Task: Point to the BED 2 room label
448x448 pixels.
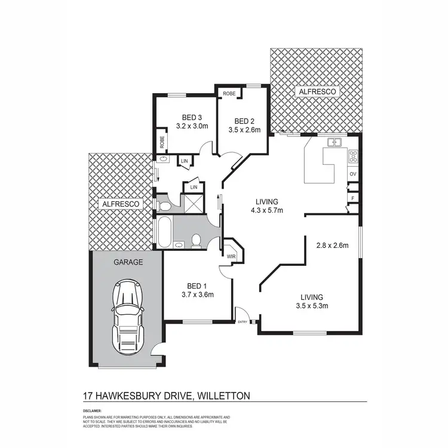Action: click(244, 119)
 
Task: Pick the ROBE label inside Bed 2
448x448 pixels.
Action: click(229, 94)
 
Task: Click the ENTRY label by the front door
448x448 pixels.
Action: click(243, 322)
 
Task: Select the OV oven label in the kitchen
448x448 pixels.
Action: click(353, 174)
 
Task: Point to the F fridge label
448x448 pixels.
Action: click(353, 197)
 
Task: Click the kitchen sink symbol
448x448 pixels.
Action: click(333, 142)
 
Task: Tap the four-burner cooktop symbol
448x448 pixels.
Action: click(353, 157)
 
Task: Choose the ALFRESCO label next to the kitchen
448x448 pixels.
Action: click(317, 92)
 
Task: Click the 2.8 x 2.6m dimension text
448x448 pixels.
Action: click(332, 245)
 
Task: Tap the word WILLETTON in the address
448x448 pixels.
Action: click(218, 395)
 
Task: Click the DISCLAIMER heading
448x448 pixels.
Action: click(92, 411)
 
